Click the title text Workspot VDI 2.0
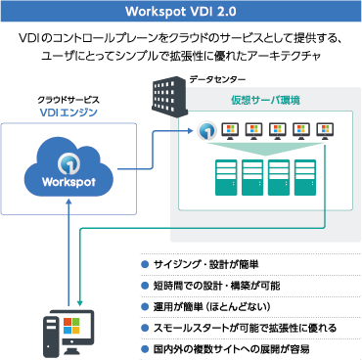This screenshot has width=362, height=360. click(181, 12)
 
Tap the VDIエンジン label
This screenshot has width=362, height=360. click(68, 113)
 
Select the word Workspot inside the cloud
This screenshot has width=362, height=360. click(68, 182)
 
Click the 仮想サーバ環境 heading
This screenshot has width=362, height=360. click(265, 101)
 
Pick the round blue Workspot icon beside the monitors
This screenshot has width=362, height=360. click(206, 131)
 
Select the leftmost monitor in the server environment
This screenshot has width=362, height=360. click(232, 130)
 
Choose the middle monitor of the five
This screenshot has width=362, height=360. click(279, 130)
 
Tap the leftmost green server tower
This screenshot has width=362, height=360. click(227, 177)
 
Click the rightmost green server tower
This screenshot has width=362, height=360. click(306, 177)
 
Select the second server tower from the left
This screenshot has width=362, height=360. click(253, 177)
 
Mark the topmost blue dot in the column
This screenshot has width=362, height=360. click(145, 264)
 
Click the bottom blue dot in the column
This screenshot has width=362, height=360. click(145, 348)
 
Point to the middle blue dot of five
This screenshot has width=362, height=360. click(145, 306)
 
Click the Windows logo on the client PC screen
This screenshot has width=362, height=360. click(71, 325)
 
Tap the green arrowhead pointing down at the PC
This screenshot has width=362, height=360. click(79, 302)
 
